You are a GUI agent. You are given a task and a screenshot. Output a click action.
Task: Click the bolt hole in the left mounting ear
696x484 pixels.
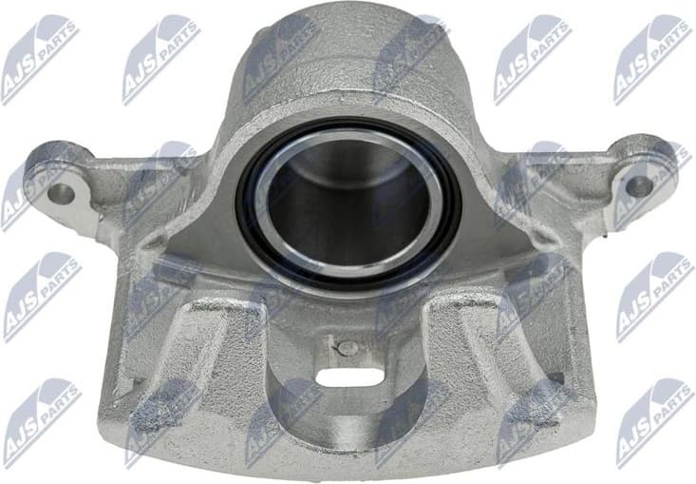60,193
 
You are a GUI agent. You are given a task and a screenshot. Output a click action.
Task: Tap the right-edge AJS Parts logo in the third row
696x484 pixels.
654,296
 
